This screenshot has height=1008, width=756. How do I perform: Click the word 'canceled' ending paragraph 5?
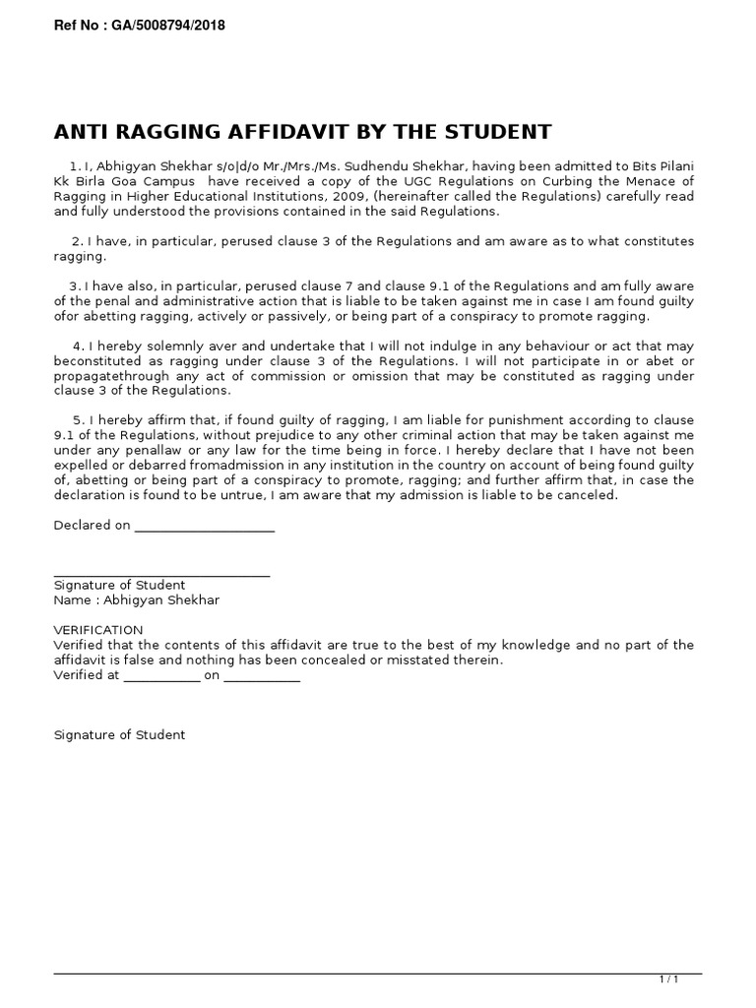tap(590, 495)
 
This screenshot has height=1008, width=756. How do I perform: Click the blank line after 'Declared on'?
tap(204, 527)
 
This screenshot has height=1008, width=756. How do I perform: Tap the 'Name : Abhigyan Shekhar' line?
tap(136, 599)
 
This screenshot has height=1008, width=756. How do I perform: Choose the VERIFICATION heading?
tap(97, 630)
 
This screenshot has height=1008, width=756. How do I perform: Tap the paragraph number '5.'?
tap(79, 421)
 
